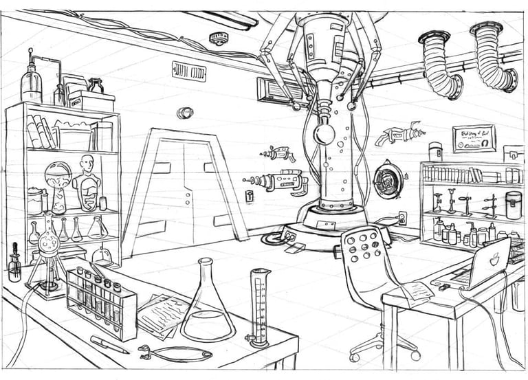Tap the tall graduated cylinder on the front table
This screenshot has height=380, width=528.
pyautogui.click(x=260, y=306)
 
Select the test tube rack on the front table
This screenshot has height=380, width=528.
pyautogui.click(x=101, y=303)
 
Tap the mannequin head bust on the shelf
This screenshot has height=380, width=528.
pyautogui.click(x=86, y=182)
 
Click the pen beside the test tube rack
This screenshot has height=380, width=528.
pyautogui.click(x=109, y=344)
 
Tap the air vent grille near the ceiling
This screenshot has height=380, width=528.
pyautogui.click(x=188, y=71)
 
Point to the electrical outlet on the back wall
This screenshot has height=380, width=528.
pyautogui.click(x=402, y=219)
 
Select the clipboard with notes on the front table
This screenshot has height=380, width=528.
pyautogui.click(x=162, y=312)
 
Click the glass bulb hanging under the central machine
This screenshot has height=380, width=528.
pyautogui.click(x=324, y=133)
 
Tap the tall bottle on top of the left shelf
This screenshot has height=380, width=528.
pyautogui.click(x=31, y=80)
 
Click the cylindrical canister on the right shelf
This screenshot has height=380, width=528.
pyautogui.click(x=513, y=205)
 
